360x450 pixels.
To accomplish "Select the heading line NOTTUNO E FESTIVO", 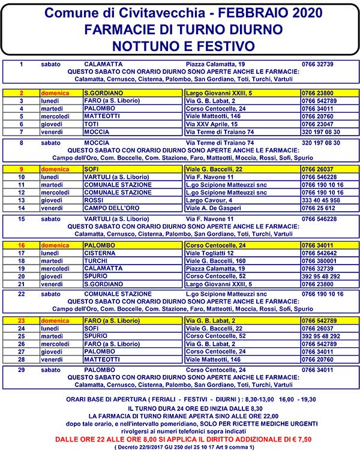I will point(181,45).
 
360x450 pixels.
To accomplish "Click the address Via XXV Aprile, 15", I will point(212,124).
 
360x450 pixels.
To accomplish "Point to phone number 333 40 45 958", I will point(321,200).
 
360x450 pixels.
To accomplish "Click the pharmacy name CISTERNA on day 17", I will point(100,253).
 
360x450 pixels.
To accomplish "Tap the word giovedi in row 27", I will point(51,352).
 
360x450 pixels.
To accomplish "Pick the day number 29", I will point(21,370).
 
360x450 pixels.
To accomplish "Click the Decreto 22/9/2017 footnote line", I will point(179,446).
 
